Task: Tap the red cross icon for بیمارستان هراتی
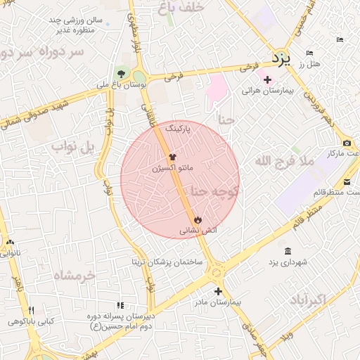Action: point(267,79)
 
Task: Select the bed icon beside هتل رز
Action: point(310,53)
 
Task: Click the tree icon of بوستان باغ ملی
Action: point(121,73)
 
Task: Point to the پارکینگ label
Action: point(179,130)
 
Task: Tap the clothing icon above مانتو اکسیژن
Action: point(172,157)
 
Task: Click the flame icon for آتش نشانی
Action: point(198,219)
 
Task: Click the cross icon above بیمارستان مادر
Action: point(218,291)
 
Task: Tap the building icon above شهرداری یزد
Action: point(288,251)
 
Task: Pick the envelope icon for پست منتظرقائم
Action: point(347,182)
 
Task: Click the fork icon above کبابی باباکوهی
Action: point(30,310)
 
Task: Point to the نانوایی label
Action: point(11,252)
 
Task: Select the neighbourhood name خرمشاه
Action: point(73,276)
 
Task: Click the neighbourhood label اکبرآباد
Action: point(308,300)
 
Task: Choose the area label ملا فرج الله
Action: point(283,162)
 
